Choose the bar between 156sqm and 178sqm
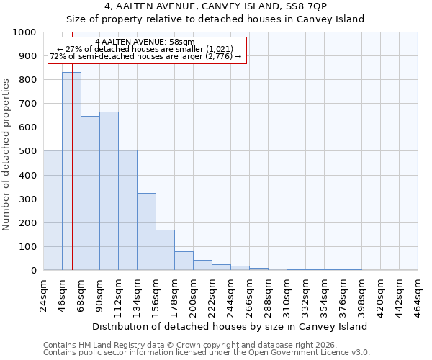pos(165,250)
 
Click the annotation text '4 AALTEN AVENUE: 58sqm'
pos(145,42)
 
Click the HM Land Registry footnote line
pos(183,345)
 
